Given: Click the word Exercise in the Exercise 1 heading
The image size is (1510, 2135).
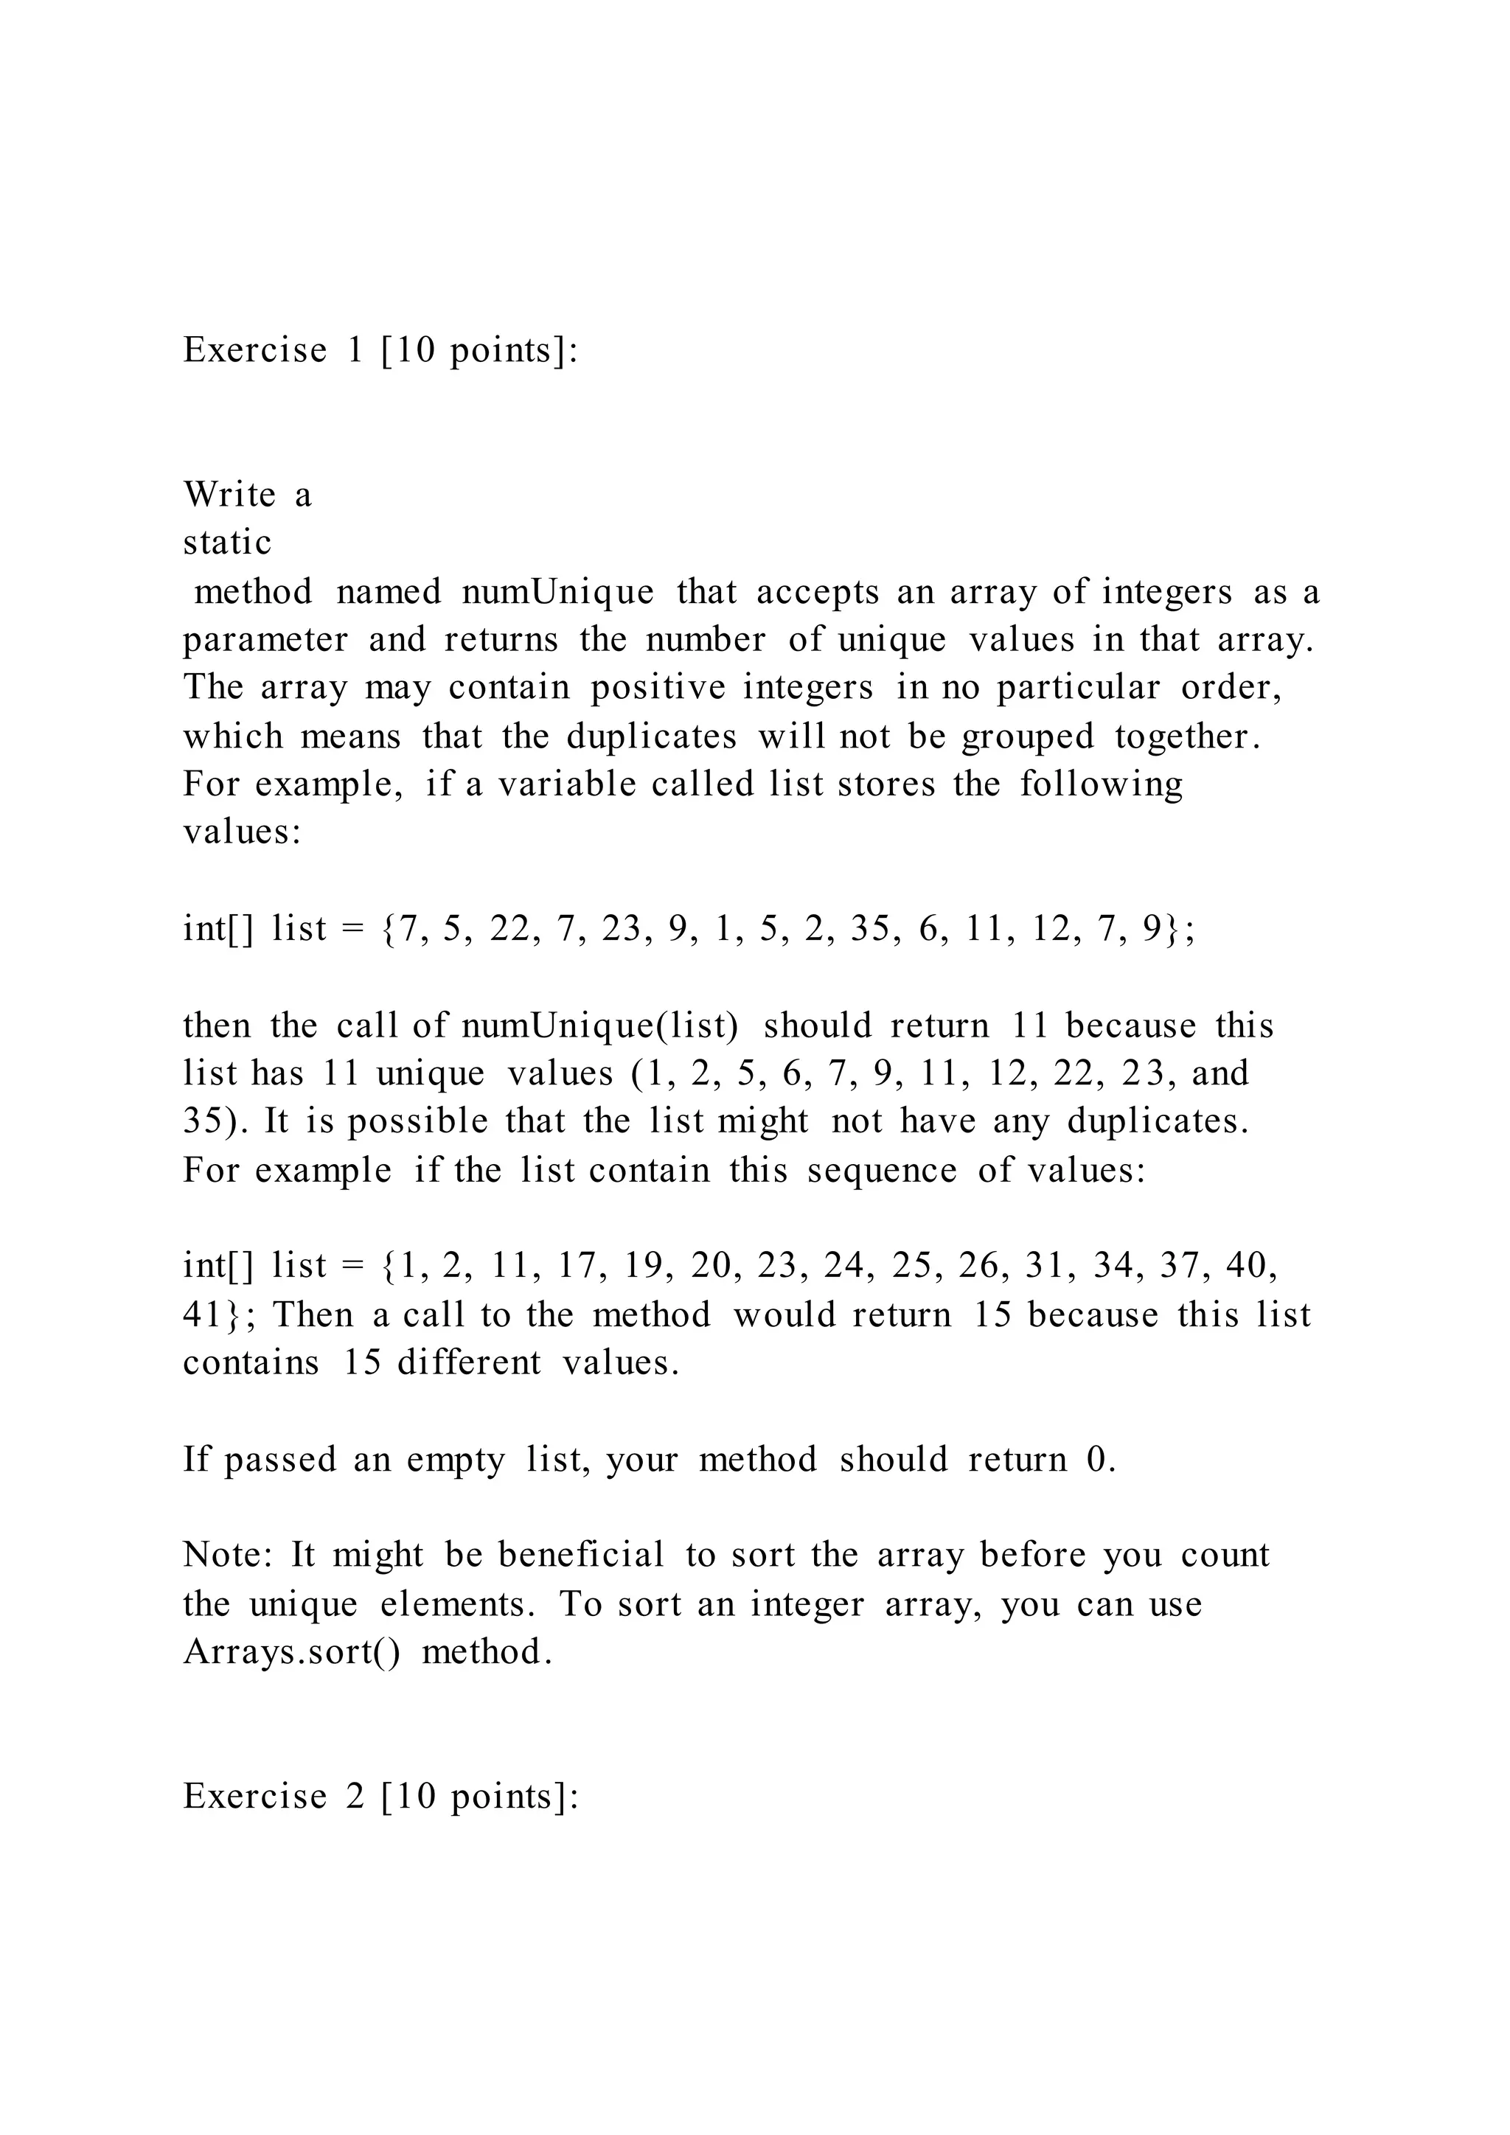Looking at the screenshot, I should click(255, 351).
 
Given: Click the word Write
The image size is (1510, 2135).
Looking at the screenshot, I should click(229, 495).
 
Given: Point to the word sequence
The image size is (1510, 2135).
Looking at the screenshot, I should click(882, 1170).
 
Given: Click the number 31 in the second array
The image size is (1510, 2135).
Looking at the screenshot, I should click(1043, 1266).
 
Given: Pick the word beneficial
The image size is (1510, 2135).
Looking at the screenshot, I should click(581, 1556).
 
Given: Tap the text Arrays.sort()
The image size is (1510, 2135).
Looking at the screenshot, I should click(292, 1652).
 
